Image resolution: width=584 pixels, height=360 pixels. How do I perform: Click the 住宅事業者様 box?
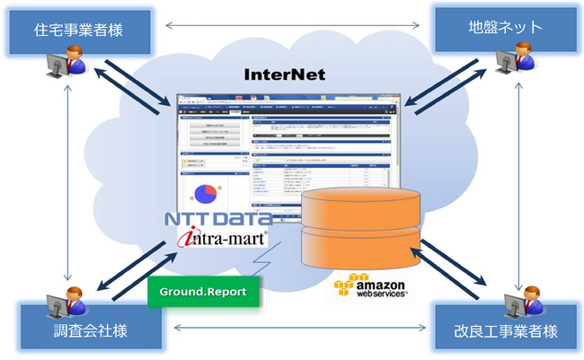click(x=79, y=30)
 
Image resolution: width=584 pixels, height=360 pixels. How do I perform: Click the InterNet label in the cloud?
click(x=285, y=75)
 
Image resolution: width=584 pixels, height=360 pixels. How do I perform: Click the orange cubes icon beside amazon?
click(x=347, y=286)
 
